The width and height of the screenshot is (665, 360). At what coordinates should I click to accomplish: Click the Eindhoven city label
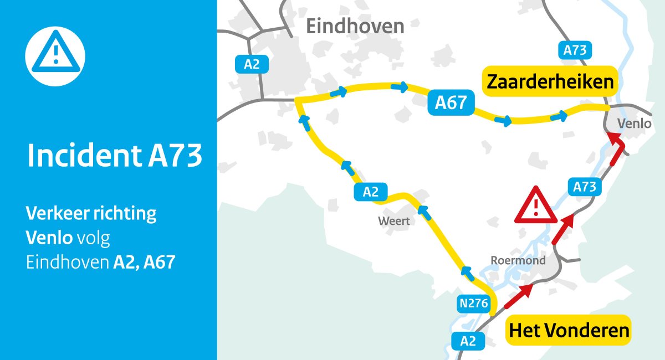pos(355,26)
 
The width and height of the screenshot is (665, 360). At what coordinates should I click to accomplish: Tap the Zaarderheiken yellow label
pos(550,82)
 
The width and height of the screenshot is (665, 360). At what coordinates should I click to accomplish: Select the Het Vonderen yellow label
pos(569,331)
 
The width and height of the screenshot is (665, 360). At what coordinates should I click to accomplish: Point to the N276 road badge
pos(473,303)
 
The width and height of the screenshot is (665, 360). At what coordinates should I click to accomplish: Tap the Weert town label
pos(393,221)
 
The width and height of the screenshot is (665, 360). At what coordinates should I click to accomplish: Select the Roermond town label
pos(518,260)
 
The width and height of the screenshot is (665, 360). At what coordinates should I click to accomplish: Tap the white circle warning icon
pos(55,55)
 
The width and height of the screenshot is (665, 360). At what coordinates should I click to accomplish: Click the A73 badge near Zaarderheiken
pos(575,50)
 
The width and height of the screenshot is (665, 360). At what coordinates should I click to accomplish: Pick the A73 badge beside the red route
pos(584,187)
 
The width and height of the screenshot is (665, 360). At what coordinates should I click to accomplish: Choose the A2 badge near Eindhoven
pos(252,64)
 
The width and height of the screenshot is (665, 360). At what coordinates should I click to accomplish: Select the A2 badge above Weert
pos(370,192)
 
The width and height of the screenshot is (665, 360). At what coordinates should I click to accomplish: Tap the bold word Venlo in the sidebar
pos(49,238)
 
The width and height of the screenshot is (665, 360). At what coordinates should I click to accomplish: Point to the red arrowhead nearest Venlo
pos(617,142)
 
